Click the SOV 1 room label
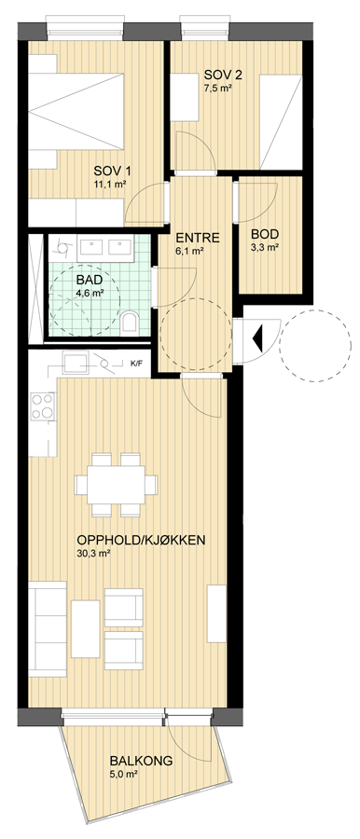(x=113, y=172)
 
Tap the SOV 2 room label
(x=222, y=75)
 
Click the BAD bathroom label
(x=90, y=280)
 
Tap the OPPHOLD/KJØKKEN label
(x=141, y=540)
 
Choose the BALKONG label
(x=142, y=761)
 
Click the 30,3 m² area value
(x=94, y=554)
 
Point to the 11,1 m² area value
(x=110, y=185)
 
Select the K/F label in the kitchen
(x=138, y=364)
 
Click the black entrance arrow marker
(x=257, y=338)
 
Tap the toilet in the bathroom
(x=130, y=323)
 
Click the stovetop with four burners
(x=42, y=406)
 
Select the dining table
(x=117, y=485)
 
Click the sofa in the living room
(x=48, y=628)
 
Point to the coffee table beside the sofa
(x=86, y=628)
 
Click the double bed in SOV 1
(x=76, y=112)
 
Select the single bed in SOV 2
(x=281, y=122)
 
